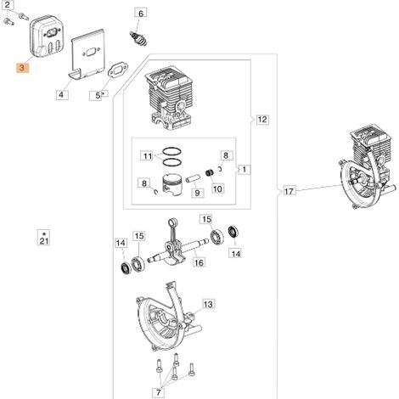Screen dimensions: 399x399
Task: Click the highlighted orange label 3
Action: click(22, 68)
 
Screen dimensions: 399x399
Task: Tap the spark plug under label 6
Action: click(138, 39)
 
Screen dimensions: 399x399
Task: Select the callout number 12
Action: click(262, 120)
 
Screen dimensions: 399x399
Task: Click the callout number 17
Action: click(289, 192)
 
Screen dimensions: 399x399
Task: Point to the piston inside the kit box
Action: click(173, 185)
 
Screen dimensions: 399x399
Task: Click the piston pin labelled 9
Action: click(194, 179)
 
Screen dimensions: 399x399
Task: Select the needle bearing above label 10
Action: click(210, 172)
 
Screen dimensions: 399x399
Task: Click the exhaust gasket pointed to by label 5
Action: click(118, 70)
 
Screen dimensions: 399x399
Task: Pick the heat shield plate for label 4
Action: click(87, 54)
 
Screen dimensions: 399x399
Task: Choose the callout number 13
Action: click(208, 305)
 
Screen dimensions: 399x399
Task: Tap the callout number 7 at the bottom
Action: click(159, 392)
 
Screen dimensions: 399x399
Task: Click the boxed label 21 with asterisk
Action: click(44, 238)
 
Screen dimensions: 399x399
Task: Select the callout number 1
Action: click(244, 170)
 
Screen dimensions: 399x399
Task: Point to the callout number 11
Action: click(148, 156)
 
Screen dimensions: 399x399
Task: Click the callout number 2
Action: click(8, 5)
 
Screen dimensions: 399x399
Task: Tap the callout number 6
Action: click(141, 13)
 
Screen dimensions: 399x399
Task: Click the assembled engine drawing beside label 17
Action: click(367, 166)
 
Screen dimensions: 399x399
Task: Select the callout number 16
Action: click(199, 262)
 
